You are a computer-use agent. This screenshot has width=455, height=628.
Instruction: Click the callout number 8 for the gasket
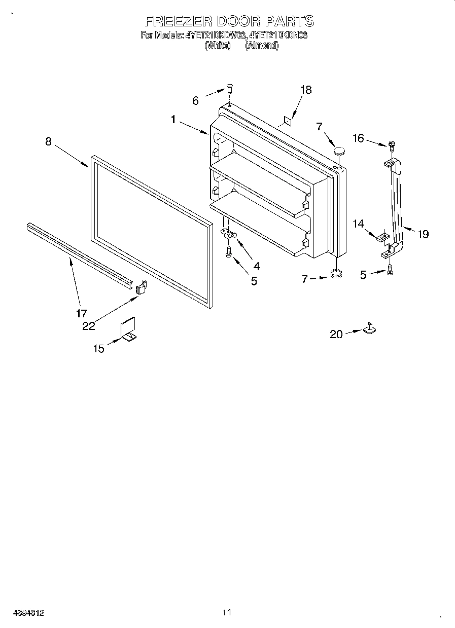tap(48, 141)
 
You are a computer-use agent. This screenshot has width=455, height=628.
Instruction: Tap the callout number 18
tap(305, 90)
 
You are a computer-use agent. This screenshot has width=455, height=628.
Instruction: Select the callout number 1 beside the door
tap(173, 120)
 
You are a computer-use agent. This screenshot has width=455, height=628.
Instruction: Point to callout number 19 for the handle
tap(423, 234)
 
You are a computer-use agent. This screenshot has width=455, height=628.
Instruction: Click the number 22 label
tap(89, 326)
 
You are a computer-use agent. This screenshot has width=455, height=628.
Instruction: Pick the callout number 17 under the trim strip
tap(81, 313)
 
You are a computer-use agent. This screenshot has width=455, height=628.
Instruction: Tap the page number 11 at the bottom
tap(227, 613)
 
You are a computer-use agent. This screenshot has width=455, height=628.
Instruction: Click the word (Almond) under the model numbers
tap(262, 45)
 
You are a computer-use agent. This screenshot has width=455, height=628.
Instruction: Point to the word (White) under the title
tap(217, 45)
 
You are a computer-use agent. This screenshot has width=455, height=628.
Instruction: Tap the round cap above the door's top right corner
tap(339, 150)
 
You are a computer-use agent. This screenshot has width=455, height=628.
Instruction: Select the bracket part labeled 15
tap(129, 330)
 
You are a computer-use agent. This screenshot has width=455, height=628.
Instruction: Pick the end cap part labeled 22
tap(141, 288)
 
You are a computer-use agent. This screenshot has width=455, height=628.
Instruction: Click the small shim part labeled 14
tap(383, 236)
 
